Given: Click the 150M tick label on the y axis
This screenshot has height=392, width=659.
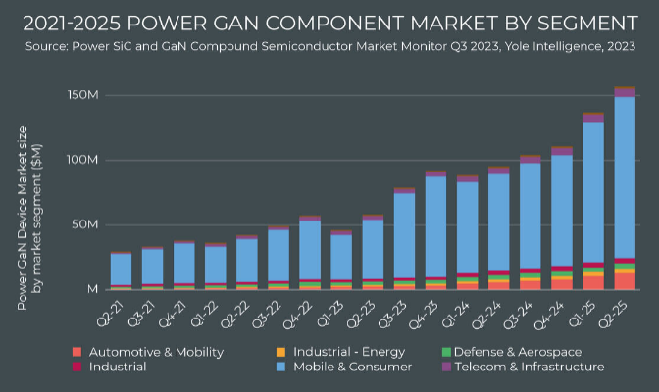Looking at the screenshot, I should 80,95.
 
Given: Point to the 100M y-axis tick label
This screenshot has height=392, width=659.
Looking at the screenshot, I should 80,160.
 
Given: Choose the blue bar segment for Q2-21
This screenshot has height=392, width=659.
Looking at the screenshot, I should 121,269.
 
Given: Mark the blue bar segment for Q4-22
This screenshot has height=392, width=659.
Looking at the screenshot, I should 310,250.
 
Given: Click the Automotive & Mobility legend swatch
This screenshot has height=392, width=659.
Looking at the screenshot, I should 76,351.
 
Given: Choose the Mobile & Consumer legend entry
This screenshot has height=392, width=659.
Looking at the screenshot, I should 347,367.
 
